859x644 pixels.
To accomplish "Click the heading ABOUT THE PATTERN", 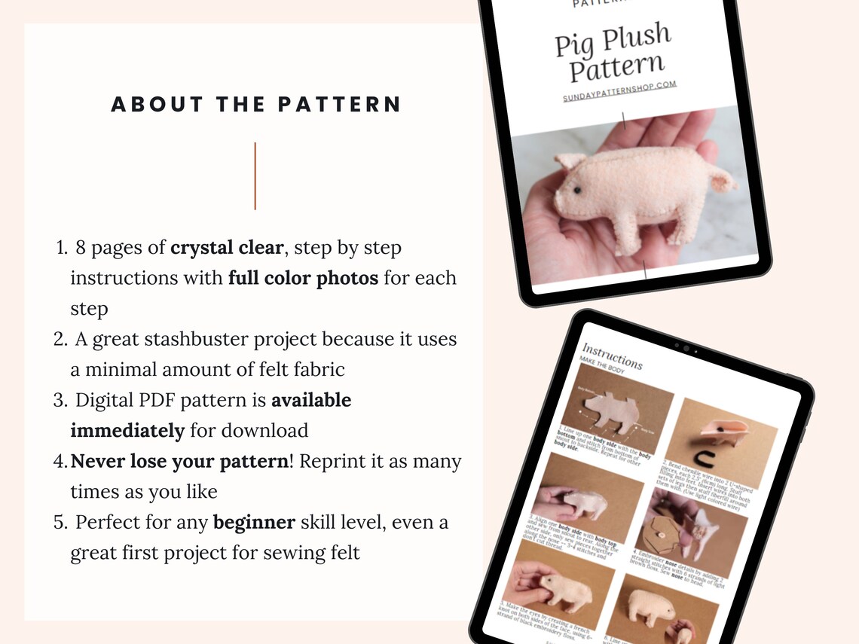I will pos(256,105).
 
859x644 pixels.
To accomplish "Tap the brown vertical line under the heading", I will pos(255,175).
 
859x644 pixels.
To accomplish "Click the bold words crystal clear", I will pos(228,247).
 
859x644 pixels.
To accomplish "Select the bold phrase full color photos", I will pos(303,278).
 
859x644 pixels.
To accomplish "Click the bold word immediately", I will pos(127,431).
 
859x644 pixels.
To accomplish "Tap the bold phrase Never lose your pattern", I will pos(179,461).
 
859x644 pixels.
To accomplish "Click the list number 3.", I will pos(60,400).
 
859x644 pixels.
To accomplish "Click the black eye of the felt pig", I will pos(576,191).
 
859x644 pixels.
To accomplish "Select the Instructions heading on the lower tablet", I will pos(612,356).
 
